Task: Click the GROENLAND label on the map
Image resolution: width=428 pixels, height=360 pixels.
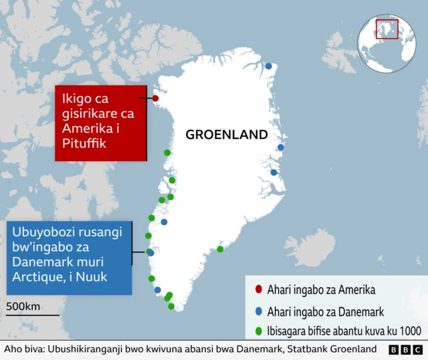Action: click(x=226, y=134)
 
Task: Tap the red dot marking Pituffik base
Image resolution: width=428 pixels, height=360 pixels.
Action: click(x=156, y=99)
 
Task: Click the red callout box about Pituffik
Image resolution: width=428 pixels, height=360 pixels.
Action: click(x=100, y=122)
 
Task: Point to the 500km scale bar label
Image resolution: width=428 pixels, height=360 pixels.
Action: click(x=23, y=306)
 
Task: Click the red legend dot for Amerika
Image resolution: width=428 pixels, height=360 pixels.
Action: click(x=259, y=290)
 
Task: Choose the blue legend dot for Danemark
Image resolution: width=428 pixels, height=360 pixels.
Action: click(x=259, y=310)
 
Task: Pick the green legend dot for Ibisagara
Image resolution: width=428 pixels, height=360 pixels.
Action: click(x=259, y=331)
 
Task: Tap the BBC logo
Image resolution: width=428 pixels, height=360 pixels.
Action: click(x=405, y=350)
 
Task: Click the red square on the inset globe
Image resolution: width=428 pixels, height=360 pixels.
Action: click(x=387, y=29)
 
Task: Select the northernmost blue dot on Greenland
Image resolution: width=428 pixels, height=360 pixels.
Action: click(x=269, y=66)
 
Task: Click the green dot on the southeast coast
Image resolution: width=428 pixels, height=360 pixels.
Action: click(x=220, y=249)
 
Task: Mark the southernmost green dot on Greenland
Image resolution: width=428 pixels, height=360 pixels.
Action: click(x=171, y=306)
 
